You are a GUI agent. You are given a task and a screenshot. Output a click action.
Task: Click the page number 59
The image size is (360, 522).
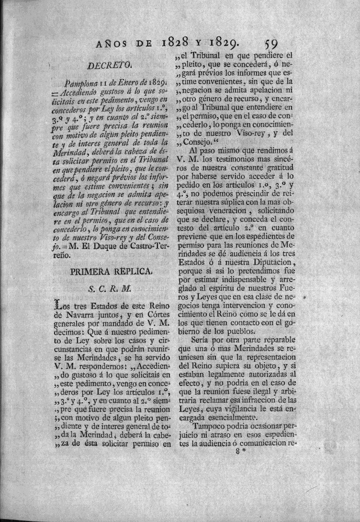[274, 45]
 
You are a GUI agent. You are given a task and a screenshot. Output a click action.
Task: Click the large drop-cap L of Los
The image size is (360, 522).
[59, 305]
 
